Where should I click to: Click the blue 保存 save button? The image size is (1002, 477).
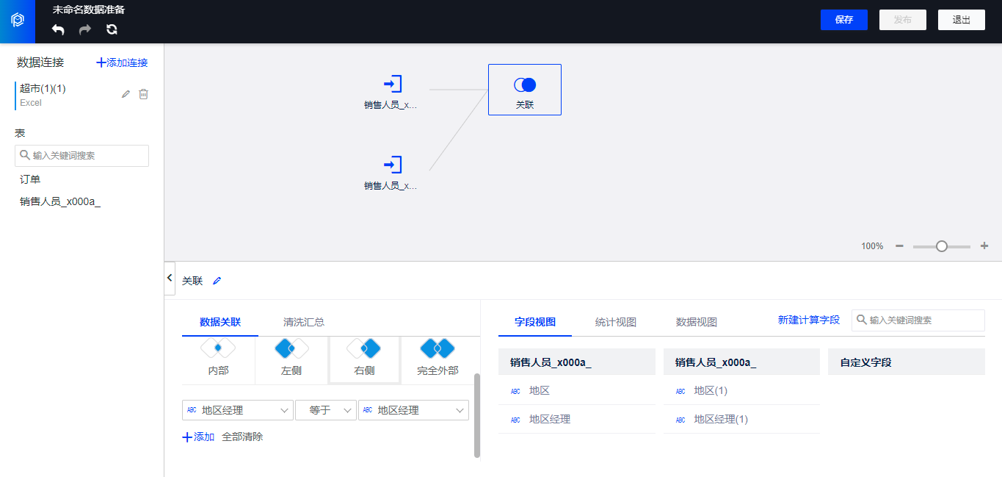point(843,20)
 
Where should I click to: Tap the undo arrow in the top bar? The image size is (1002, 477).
point(58,29)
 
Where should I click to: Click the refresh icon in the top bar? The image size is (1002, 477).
point(112,29)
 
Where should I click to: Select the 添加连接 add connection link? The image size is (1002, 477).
point(122,62)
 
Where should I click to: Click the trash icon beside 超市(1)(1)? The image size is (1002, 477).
point(144,94)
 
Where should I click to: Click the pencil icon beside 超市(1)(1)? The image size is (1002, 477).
point(126,94)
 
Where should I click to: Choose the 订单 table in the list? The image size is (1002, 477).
point(30,179)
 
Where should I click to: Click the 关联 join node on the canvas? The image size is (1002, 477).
point(525,90)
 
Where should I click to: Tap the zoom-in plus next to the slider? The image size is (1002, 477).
point(984,246)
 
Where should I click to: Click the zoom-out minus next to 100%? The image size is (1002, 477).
point(899,246)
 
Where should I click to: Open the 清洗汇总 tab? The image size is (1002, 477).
point(304,322)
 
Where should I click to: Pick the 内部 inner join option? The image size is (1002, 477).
point(218,359)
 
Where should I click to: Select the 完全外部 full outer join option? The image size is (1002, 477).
point(438,359)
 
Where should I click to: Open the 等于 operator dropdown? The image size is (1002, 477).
point(326,410)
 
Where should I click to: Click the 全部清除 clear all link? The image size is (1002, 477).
point(242,437)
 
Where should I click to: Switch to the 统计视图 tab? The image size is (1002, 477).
point(615,322)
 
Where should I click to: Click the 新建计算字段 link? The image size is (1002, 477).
point(809,320)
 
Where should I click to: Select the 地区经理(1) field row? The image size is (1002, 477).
point(741,419)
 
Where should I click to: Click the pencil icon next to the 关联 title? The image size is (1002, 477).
point(217,281)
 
